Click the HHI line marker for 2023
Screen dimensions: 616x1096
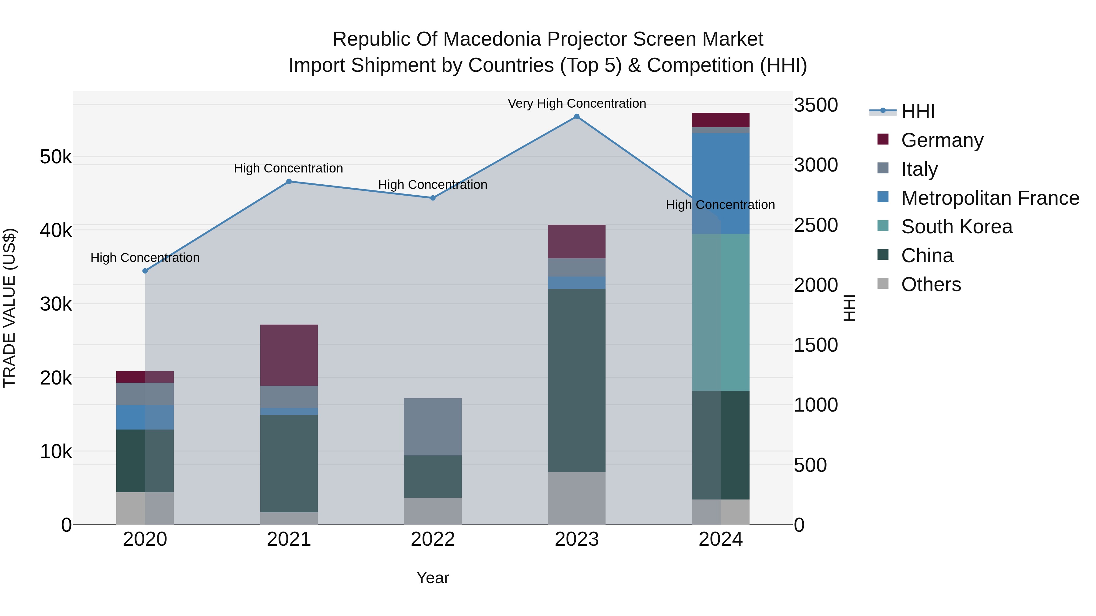point(577,117)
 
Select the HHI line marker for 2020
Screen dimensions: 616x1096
point(145,271)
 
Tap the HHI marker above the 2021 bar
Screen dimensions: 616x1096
point(289,182)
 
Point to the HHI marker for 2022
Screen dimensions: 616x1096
point(433,198)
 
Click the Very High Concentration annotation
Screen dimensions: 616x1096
point(577,104)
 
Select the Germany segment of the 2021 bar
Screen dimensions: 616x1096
point(289,355)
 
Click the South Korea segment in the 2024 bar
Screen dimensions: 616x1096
point(720,312)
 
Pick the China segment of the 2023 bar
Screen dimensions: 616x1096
point(577,381)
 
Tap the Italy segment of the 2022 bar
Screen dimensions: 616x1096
point(433,426)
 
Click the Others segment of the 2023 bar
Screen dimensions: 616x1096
point(577,498)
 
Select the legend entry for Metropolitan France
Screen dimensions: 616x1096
point(990,198)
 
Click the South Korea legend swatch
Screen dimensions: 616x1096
point(883,226)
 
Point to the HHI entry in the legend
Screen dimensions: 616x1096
point(918,111)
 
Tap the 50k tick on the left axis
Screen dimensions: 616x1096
point(56,157)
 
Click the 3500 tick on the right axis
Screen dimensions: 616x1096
point(816,105)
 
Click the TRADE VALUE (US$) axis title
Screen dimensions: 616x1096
point(9,308)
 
